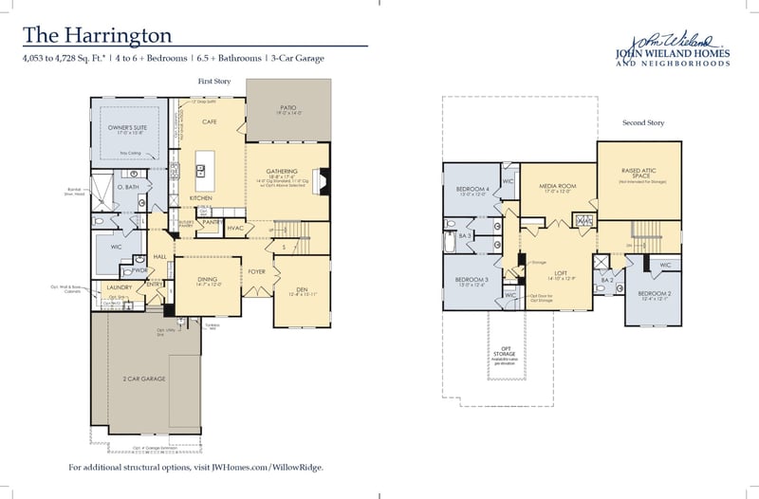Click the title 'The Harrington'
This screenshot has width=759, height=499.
click(98, 35)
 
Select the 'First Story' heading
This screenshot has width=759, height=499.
click(213, 83)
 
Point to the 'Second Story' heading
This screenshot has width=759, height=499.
click(641, 123)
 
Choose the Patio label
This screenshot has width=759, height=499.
click(288, 108)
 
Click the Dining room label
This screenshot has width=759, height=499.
click(207, 279)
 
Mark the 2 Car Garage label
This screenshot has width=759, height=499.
click(144, 379)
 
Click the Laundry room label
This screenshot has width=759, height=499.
click(119, 286)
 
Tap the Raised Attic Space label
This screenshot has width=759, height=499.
click(638, 173)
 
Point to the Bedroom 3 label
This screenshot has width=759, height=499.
click(472, 281)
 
